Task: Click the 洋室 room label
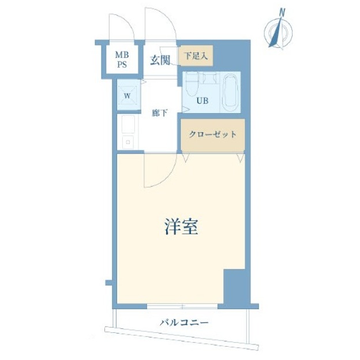(x=181, y=226)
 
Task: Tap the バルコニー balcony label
(x=184, y=323)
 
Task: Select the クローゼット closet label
(x=213, y=134)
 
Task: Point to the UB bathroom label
(x=202, y=100)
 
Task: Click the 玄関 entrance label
(x=160, y=61)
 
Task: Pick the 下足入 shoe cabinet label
(x=196, y=56)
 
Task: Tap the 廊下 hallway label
(x=160, y=113)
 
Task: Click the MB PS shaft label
(x=122, y=59)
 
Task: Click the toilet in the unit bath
(x=192, y=84)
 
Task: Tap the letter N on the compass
(x=282, y=12)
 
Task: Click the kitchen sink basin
(x=128, y=124)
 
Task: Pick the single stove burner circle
(x=128, y=142)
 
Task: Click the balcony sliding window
(x=182, y=306)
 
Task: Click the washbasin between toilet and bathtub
(x=209, y=78)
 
